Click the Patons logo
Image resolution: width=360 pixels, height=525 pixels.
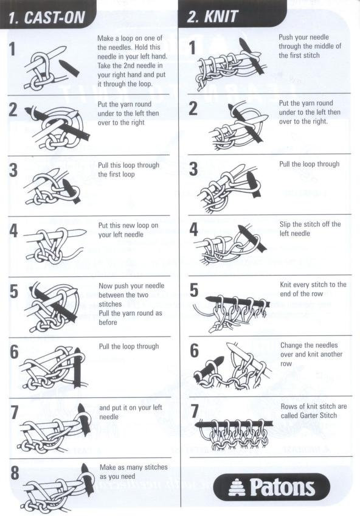271,487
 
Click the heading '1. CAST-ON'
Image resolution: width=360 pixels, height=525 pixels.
46,17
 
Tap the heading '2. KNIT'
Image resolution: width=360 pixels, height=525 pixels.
212,16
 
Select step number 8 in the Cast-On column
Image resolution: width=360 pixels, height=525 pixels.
15,473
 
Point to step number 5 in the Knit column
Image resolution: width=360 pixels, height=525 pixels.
194,290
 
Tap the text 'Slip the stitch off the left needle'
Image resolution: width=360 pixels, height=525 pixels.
310,229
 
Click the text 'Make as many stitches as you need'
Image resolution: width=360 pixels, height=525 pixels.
134,471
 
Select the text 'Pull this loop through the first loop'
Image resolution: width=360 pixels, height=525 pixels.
128,169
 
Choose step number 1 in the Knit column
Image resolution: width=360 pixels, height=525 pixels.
192,48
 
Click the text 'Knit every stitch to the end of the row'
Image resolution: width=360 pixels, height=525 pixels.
313,289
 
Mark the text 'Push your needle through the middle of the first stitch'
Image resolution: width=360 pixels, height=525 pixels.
310,46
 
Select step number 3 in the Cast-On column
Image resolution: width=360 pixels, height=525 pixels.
13,170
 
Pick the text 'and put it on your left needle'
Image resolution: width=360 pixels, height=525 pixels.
131,412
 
